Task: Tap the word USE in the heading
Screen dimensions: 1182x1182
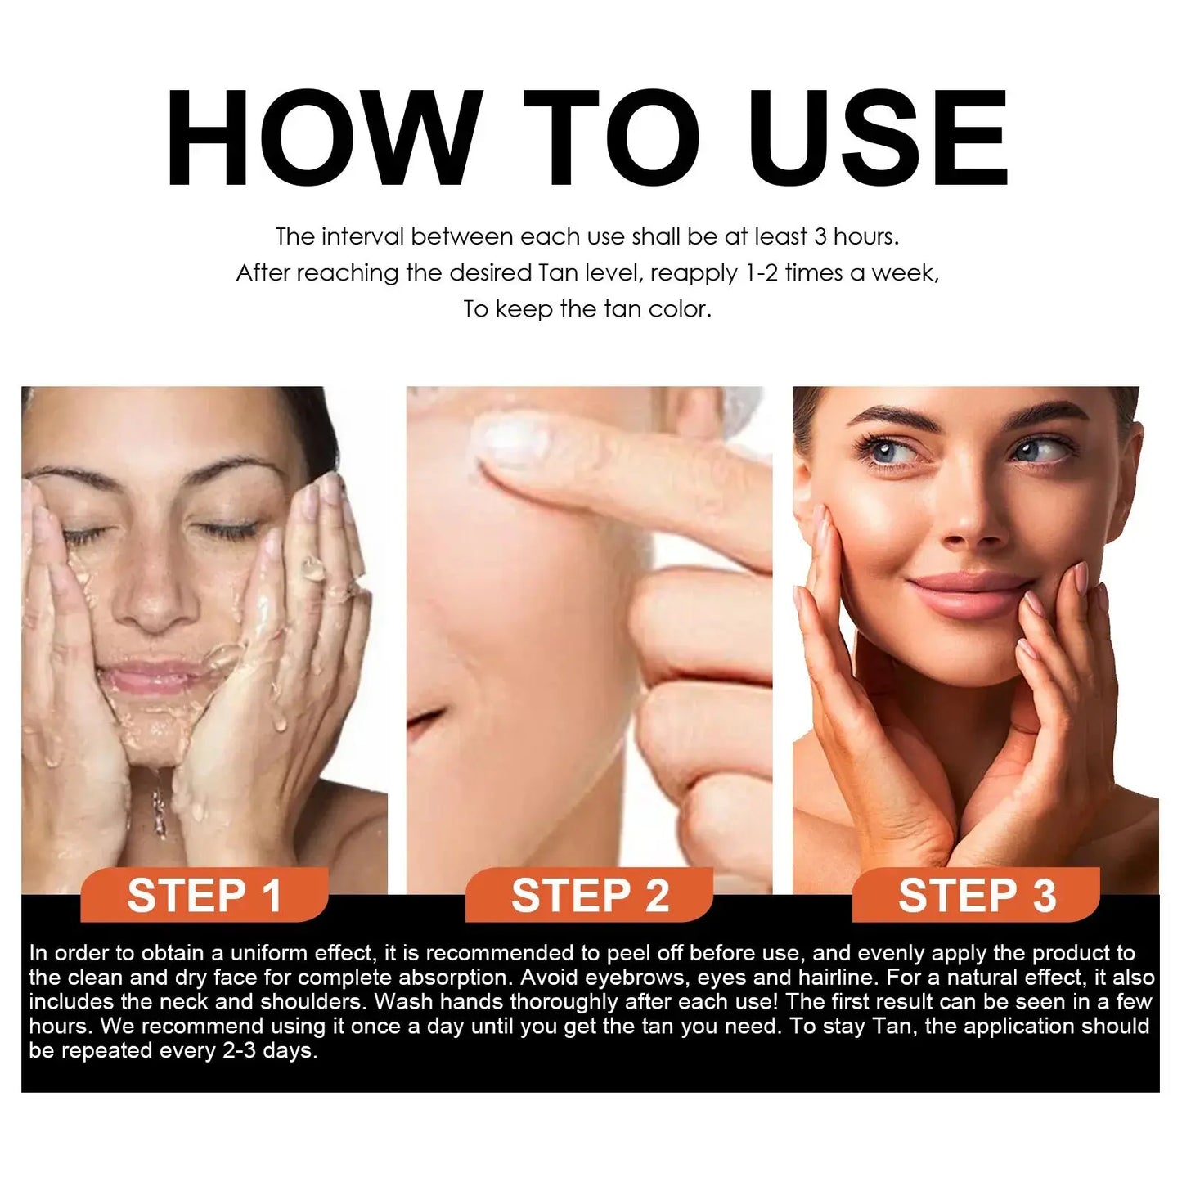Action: (878, 139)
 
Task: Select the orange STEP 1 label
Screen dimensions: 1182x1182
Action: (204, 896)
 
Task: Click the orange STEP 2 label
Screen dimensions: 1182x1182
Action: (590, 896)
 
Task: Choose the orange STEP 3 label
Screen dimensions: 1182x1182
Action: (977, 896)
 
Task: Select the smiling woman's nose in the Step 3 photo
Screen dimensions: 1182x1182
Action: (969, 524)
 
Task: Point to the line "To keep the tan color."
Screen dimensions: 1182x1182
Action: (587, 309)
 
